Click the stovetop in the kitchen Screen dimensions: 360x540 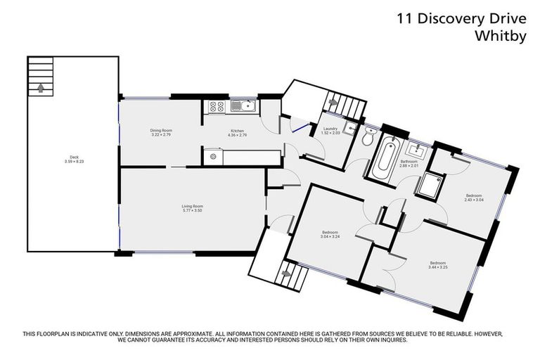point(217,108)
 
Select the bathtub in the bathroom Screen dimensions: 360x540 point(386,158)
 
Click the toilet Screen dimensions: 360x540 point(367,139)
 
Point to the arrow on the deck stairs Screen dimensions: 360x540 point(40,88)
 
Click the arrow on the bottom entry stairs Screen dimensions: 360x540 point(285,272)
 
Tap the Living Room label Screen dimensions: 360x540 point(192,206)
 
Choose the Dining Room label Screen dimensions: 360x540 point(161,130)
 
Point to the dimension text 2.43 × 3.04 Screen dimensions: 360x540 point(473,199)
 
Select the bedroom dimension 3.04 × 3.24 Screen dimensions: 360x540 point(330,236)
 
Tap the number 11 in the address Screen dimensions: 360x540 point(404,18)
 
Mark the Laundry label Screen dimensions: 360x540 point(330,129)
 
